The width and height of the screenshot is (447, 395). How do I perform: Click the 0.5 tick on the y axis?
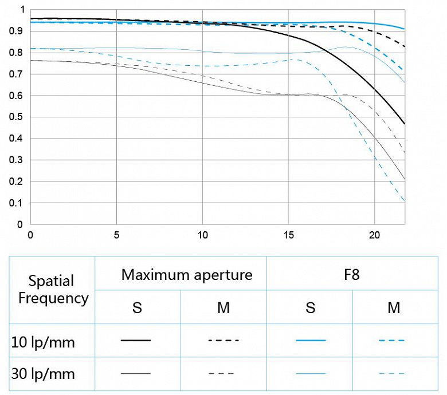pyautogui.click(x=20, y=117)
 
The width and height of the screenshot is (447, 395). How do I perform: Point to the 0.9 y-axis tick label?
pyautogui.click(x=20, y=31)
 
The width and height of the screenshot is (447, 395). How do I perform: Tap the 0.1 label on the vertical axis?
pyautogui.click(x=20, y=203)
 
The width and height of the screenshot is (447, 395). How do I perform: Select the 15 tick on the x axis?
pyautogui.click(x=288, y=235)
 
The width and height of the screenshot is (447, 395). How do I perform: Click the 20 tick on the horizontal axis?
pyautogui.click(x=374, y=235)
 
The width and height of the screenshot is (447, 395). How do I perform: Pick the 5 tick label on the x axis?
pyautogui.click(x=116, y=235)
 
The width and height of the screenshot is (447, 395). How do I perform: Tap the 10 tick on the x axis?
pyautogui.click(x=202, y=235)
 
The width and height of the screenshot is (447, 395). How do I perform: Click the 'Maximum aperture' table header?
pyautogui.click(x=187, y=275)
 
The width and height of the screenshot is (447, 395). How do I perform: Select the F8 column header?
pyautogui.click(x=352, y=275)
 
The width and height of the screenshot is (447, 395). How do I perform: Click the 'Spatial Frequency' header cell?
pyautogui.click(x=53, y=289)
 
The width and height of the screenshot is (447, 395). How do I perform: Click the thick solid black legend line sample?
pyautogui.click(x=136, y=341)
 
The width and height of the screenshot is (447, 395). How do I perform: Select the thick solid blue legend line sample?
pyautogui.click(x=311, y=341)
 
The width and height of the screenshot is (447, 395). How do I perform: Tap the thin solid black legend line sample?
pyautogui.click(x=136, y=374)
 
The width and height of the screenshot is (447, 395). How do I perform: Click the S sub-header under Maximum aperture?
pyautogui.click(x=137, y=308)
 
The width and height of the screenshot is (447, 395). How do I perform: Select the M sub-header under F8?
pyautogui.click(x=393, y=308)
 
